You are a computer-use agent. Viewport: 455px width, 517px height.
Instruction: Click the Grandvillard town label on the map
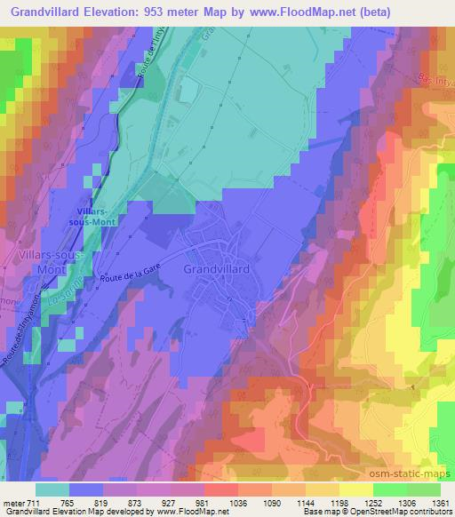220,267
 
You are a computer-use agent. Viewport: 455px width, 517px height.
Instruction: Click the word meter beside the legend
13,503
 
